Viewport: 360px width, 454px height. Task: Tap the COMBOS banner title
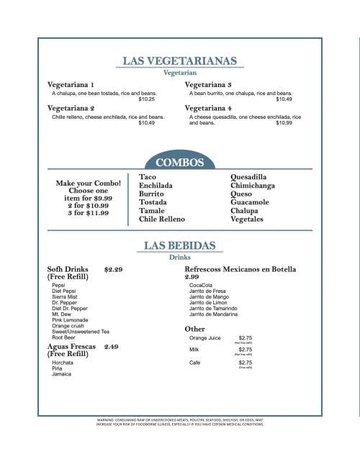180,162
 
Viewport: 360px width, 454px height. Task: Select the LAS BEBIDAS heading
180,245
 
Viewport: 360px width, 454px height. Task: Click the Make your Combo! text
87,183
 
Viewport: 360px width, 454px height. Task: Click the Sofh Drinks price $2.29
113,270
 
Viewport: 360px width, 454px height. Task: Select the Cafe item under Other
195,363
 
